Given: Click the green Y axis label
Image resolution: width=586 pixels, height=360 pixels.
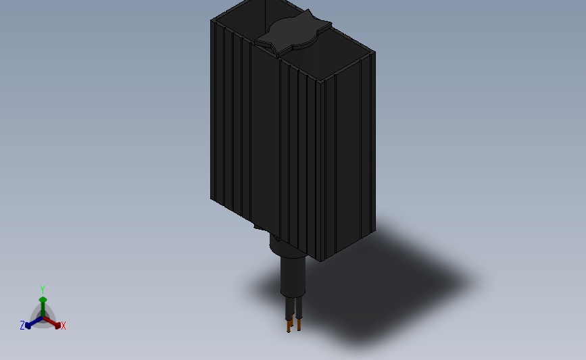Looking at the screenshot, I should pyautogui.click(x=43, y=290).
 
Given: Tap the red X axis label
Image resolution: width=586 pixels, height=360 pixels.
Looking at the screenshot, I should pyautogui.click(x=64, y=326).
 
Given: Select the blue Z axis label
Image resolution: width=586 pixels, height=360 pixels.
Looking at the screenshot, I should pyautogui.click(x=22, y=326).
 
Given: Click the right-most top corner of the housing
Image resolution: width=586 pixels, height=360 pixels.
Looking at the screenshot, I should pyautogui.click(x=374, y=54).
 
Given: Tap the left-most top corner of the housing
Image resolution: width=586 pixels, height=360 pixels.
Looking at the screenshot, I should pyautogui.click(x=211, y=20).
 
